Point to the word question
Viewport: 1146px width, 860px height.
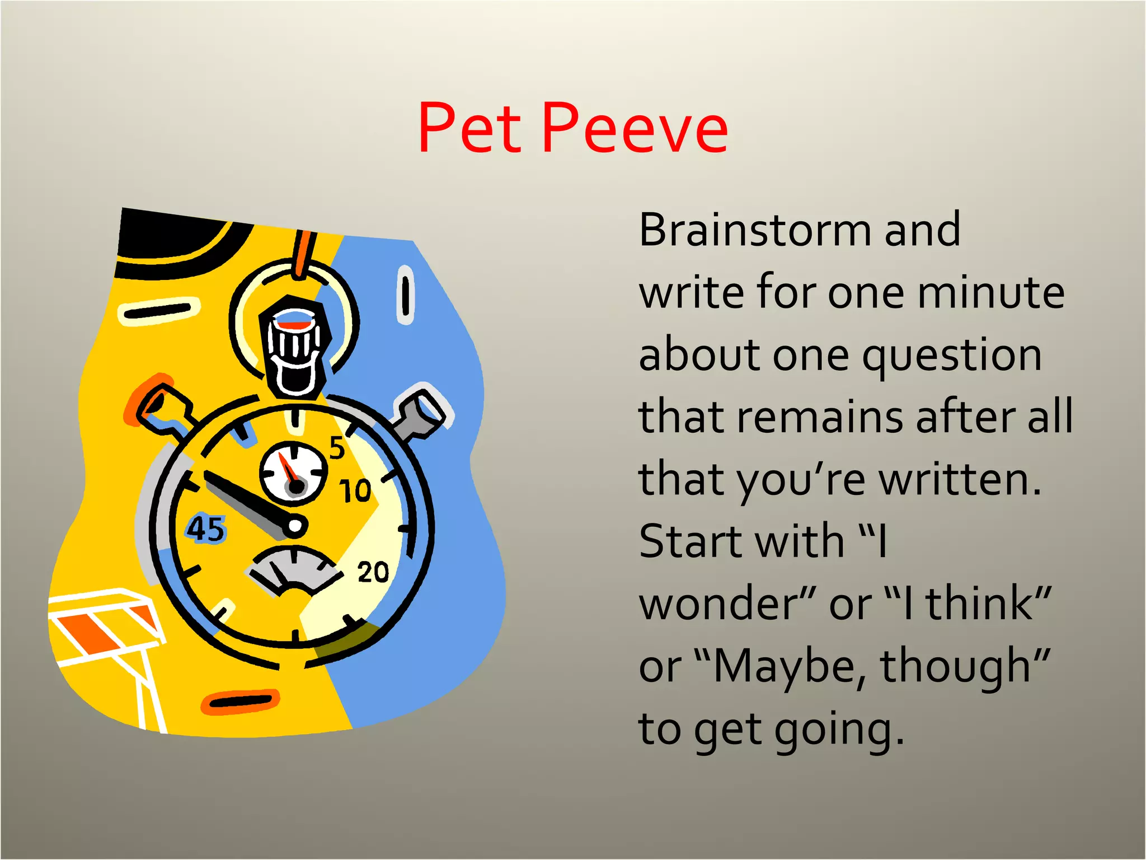(x=951, y=357)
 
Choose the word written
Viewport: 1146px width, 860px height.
(x=960, y=480)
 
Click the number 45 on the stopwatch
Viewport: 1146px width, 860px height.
(x=206, y=529)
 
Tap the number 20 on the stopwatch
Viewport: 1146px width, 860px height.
(x=373, y=572)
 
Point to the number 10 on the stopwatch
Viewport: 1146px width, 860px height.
(x=355, y=490)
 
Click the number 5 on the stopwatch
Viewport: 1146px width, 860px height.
(x=337, y=448)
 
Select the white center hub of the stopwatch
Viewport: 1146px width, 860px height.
(x=294, y=526)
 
